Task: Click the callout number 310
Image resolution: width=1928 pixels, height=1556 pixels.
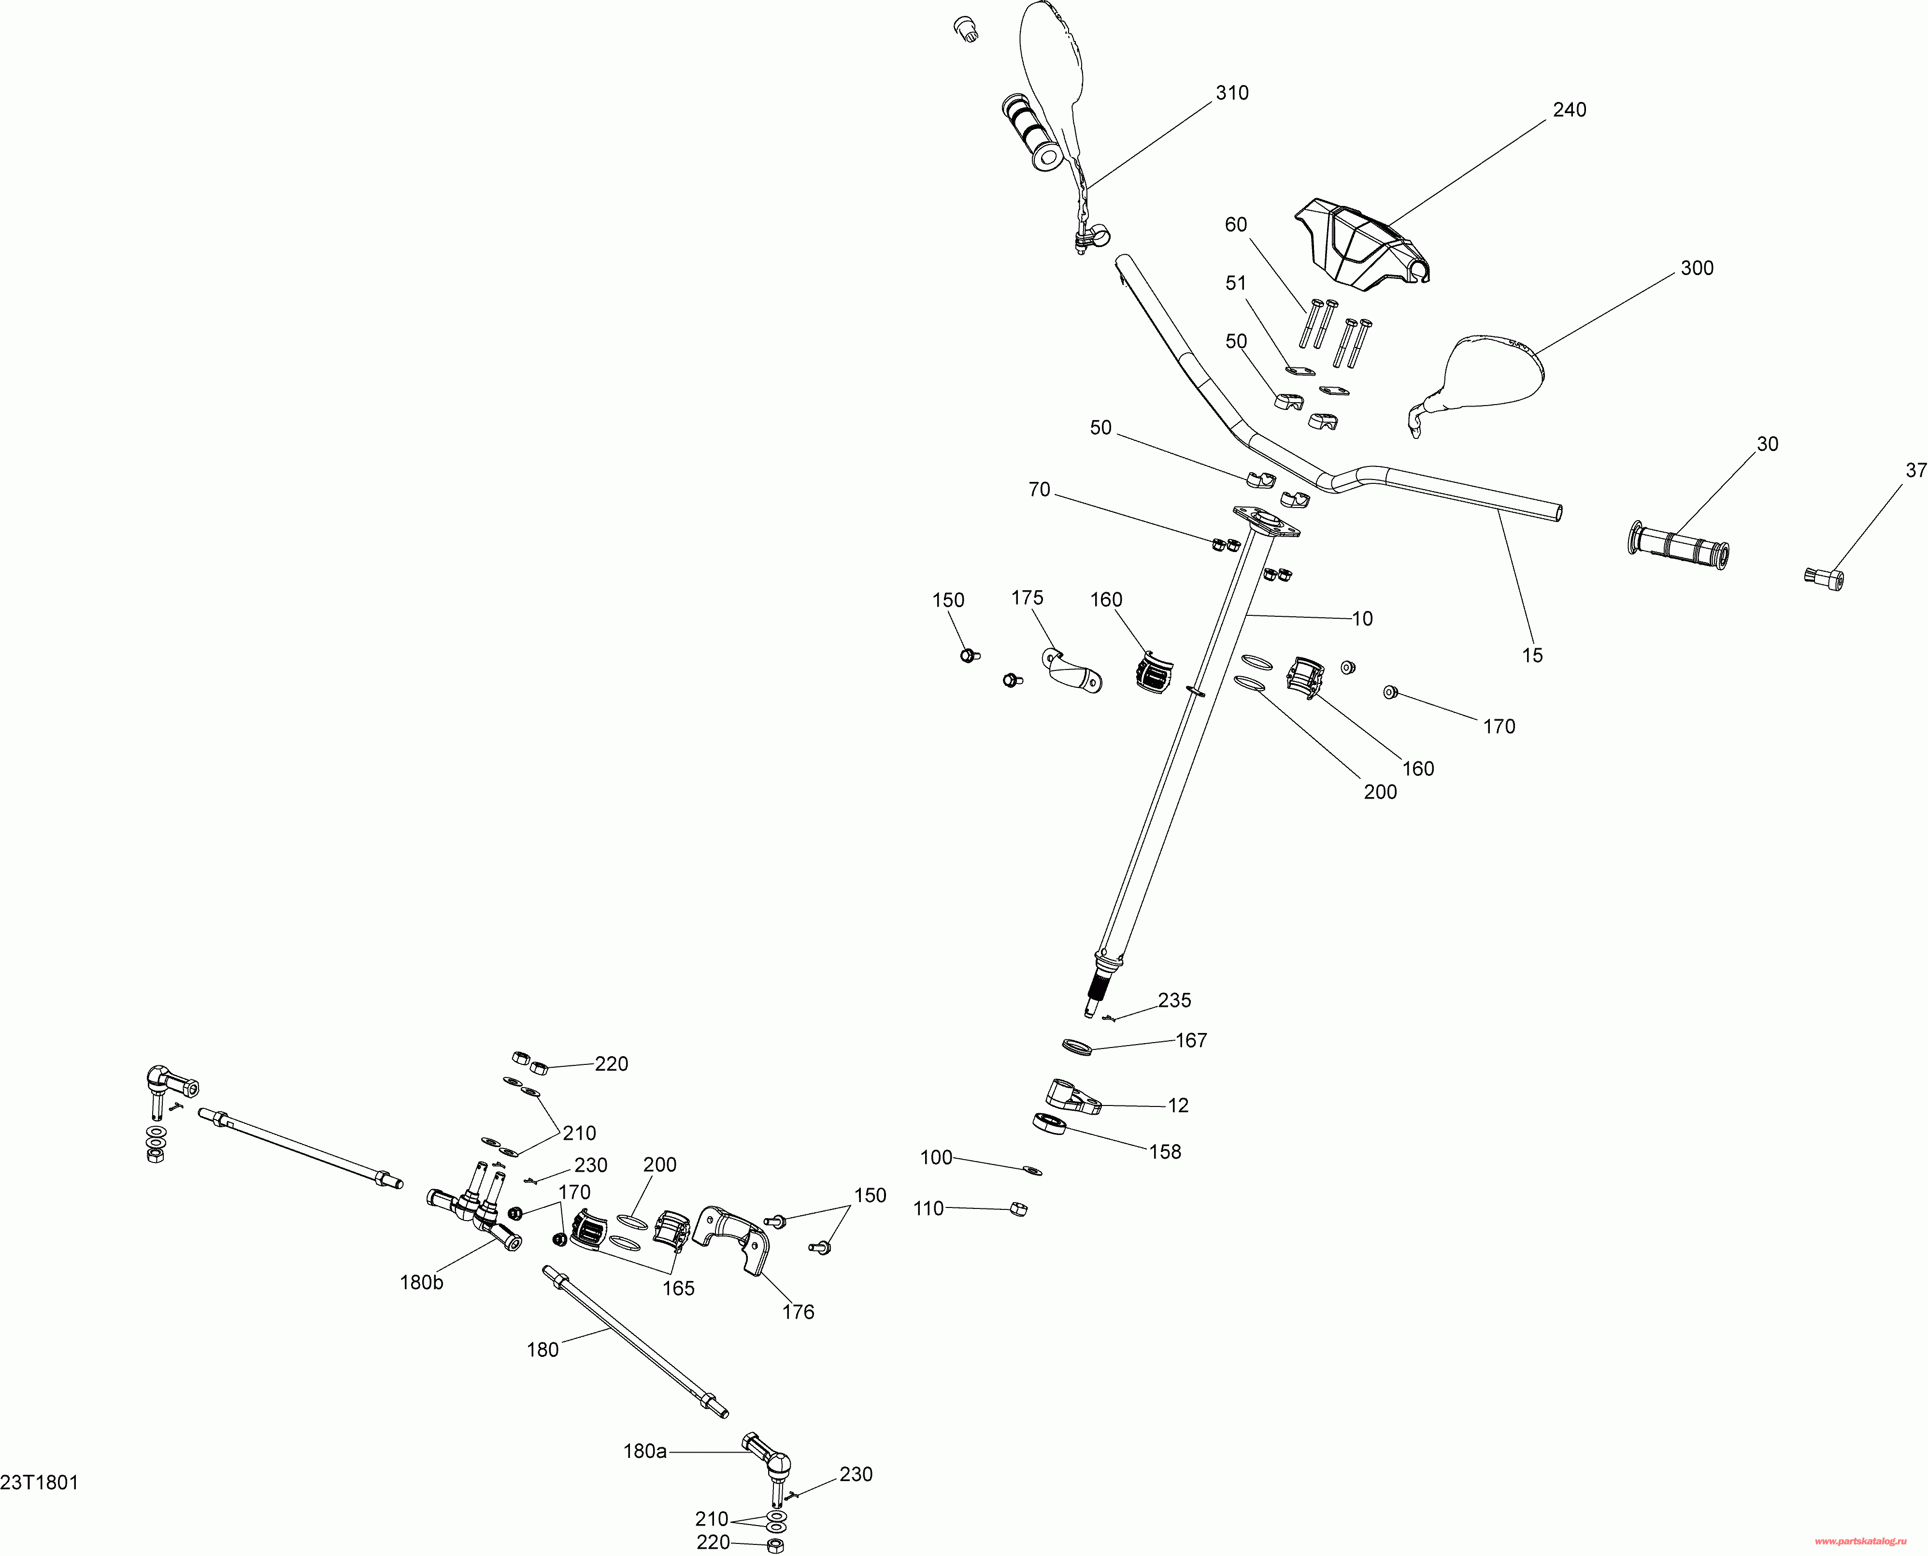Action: [1232, 93]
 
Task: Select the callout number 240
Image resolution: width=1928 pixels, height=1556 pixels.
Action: [1569, 110]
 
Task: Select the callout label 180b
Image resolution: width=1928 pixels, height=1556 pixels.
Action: [421, 1282]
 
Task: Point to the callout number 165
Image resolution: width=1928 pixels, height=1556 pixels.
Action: [678, 1288]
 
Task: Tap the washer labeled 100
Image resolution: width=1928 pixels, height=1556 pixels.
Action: [1031, 1170]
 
